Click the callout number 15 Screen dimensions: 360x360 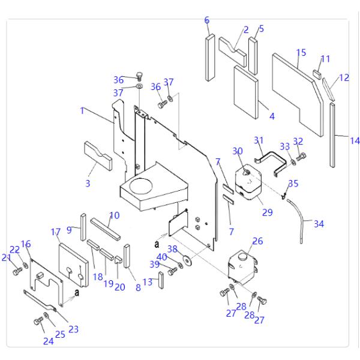click(301, 52)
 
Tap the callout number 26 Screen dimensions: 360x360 click(257, 241)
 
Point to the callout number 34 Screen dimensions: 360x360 click(319, 224)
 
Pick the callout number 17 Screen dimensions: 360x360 click(56, 232)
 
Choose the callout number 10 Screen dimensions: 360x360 click(115, 215)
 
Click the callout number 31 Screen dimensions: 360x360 click(259, 140)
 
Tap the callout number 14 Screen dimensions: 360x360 click(355, 141)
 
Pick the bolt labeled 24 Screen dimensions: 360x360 click(38, 322)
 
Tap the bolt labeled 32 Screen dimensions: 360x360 click(301, 157)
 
